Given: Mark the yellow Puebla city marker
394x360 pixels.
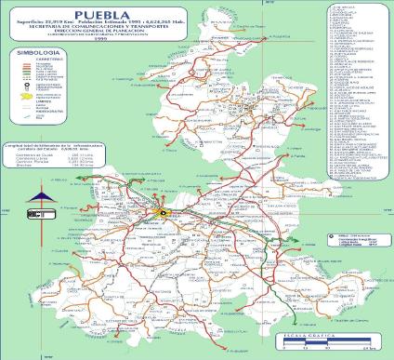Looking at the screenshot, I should [164, 212].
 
